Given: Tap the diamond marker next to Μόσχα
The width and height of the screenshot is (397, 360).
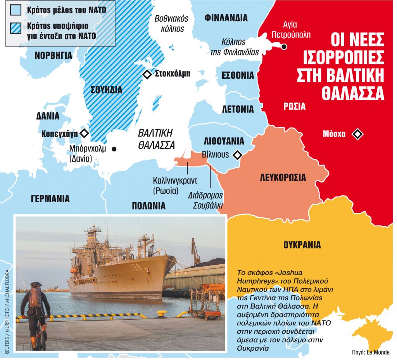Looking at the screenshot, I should (357, 134).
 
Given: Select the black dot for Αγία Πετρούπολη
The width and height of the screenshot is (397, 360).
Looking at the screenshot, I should (284, 47).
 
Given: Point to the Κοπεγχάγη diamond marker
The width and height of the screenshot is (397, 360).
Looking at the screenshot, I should (84, 134).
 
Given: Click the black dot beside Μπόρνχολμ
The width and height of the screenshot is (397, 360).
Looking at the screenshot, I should (114, 149).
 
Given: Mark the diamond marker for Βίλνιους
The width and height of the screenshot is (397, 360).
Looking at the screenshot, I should (237, 155).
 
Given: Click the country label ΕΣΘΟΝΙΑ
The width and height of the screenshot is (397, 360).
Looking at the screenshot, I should (238, 75).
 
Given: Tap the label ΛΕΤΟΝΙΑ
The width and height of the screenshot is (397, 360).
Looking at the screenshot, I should (238, 109).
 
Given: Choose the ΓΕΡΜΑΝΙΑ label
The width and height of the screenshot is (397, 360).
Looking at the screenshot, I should (50, 199).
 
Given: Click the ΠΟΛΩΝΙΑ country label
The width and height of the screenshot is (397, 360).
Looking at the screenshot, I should (148, 206).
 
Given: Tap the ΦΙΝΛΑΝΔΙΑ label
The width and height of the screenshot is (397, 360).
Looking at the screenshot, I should (226, 18).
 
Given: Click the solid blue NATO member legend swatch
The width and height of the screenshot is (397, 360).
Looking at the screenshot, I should (16, 9).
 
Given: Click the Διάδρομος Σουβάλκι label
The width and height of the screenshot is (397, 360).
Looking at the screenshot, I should (207, 200).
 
